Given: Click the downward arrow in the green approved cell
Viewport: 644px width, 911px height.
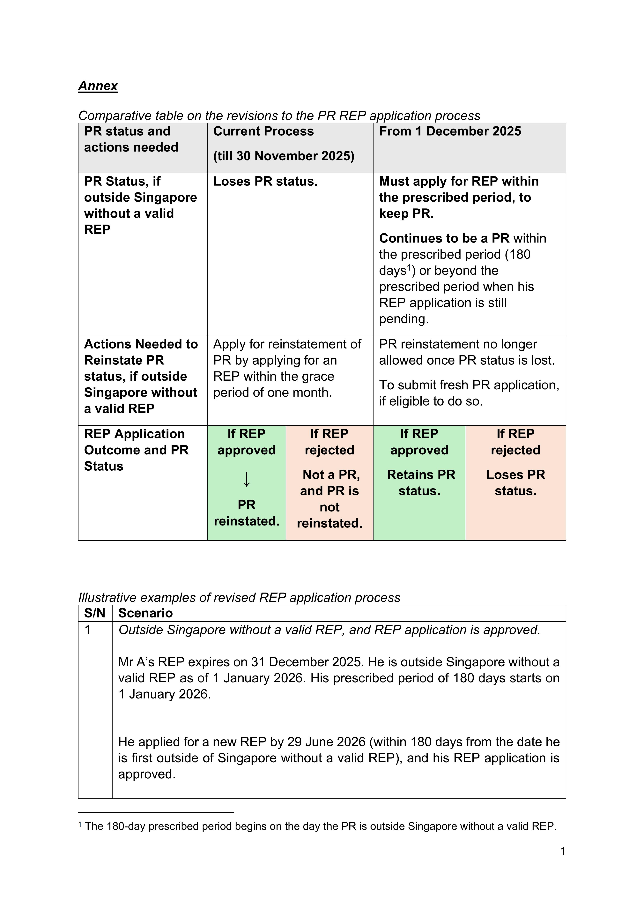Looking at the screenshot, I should coord(246,479).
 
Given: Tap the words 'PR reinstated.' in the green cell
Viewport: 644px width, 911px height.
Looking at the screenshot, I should coord(246,513).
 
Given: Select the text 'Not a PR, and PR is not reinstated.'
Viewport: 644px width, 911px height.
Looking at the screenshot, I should coord(329,499).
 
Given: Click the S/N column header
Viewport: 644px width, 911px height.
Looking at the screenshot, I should coord(94,613).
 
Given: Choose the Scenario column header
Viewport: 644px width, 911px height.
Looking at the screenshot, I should coord(145,613).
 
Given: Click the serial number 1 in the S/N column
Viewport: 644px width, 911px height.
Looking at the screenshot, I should coord(87,630).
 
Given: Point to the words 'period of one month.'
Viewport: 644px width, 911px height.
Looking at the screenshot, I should coord(272,392).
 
